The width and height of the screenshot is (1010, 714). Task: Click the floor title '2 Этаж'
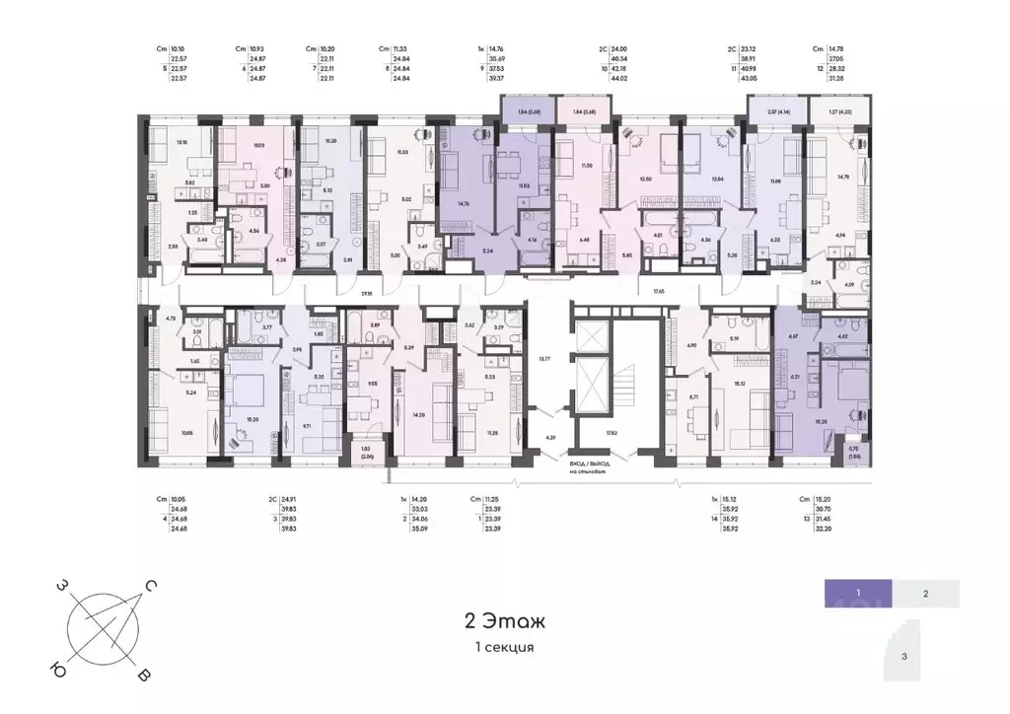coord(504,620)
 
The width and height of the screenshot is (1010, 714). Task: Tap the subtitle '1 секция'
coord(504,647)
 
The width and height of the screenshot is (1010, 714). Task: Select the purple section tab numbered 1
coord(859,593)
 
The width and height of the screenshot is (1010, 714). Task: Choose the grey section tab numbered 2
coord(925,594)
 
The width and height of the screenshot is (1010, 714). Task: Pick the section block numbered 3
coord(904,655)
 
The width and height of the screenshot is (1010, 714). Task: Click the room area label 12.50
coord(647,178)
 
